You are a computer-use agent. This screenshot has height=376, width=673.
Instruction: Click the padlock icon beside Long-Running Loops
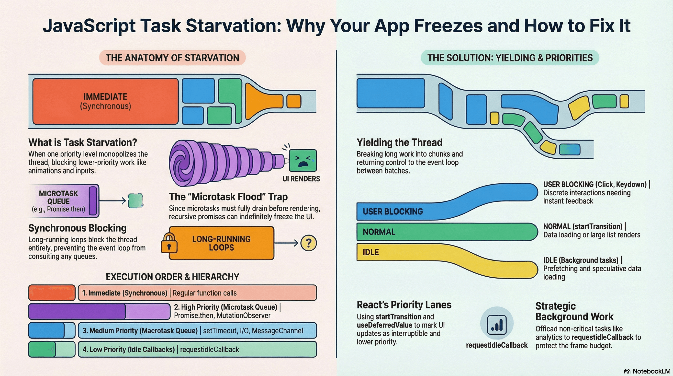coord(169,243)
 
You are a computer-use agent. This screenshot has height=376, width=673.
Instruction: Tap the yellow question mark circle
coord(309,243)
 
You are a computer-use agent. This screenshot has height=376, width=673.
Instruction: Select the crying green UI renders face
coord(303,160)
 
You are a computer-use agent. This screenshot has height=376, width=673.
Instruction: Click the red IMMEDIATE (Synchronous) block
coord(106,101)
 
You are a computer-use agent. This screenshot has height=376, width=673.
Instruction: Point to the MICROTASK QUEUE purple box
coord(64,201)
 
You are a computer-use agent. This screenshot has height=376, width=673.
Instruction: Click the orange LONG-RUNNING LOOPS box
coord(222,243)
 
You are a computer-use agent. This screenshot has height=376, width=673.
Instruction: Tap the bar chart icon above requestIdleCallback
coord(497,323)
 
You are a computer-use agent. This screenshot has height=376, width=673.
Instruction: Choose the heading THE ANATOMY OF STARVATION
coord(172,58)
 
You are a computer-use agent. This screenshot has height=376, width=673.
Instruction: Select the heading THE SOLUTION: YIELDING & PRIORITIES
coord(510,58)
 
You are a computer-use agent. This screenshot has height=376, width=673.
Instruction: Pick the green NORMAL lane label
coord(379,232)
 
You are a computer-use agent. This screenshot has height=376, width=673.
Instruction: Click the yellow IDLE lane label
coord(370,252)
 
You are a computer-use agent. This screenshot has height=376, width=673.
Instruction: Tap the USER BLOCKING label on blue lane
coord(393,211)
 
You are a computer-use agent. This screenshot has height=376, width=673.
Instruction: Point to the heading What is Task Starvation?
coord(83,142)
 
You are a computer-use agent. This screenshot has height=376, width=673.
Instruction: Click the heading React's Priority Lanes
coord(404,305)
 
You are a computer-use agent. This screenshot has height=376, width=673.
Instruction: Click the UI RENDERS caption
coord(301,179)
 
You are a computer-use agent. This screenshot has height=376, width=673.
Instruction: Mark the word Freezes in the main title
coord(448,26)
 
